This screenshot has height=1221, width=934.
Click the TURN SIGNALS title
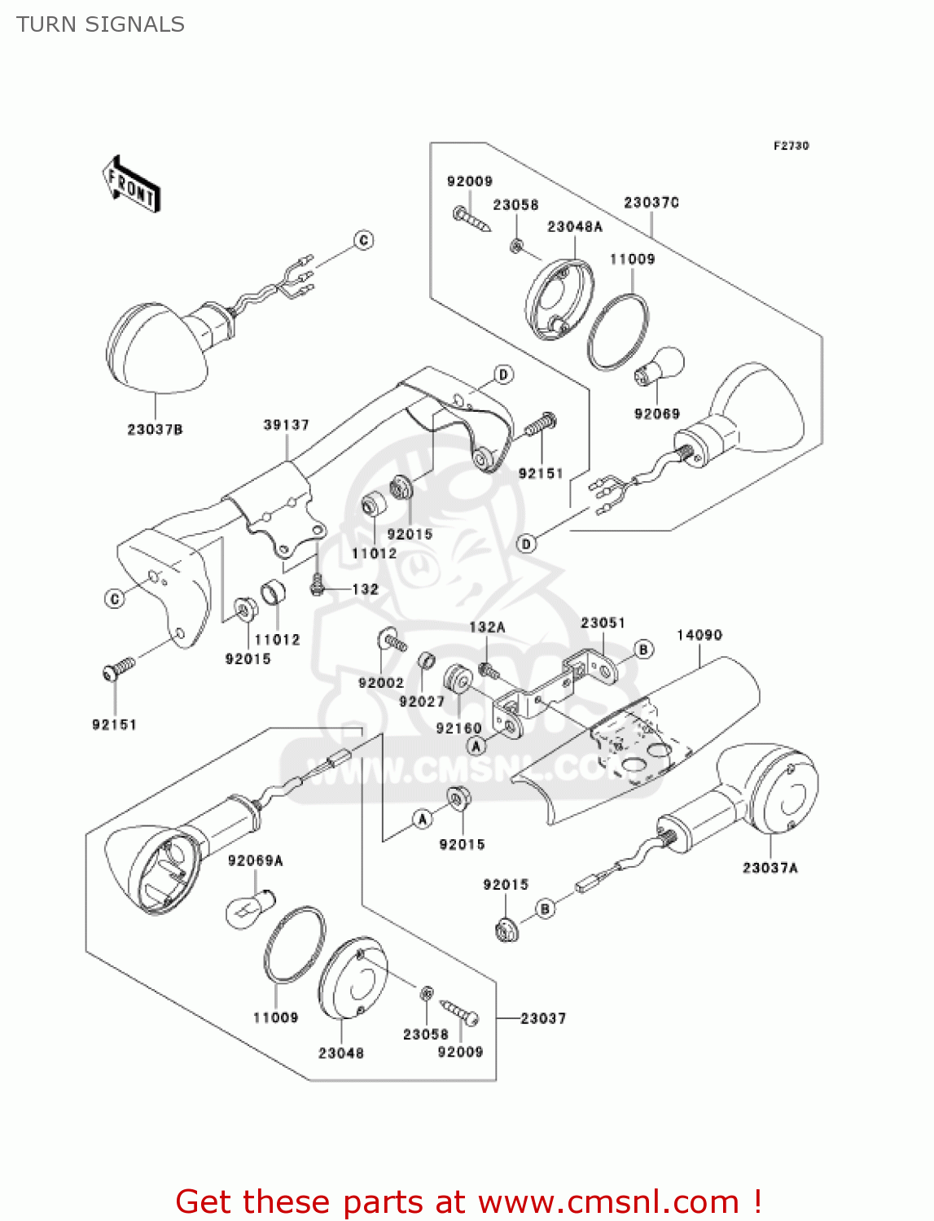100,24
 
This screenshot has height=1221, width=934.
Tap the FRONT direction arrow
131,185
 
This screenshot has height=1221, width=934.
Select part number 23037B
155,429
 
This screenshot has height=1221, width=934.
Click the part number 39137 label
287,425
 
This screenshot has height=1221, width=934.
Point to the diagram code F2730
791,146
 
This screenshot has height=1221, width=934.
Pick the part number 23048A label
575,226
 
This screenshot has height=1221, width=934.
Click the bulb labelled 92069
661,365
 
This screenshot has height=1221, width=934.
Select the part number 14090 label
699,635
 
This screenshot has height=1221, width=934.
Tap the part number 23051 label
603,623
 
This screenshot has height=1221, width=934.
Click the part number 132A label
487,627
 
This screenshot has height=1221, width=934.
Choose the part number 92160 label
458,728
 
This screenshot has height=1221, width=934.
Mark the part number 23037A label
770,868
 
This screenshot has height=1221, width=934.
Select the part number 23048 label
341,1053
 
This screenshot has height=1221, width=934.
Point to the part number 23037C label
651,203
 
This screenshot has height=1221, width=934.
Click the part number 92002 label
381,683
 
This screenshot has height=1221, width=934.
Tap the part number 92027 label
422,702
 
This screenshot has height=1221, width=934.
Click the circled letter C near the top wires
364,240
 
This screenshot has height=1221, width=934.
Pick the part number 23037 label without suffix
543,1018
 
